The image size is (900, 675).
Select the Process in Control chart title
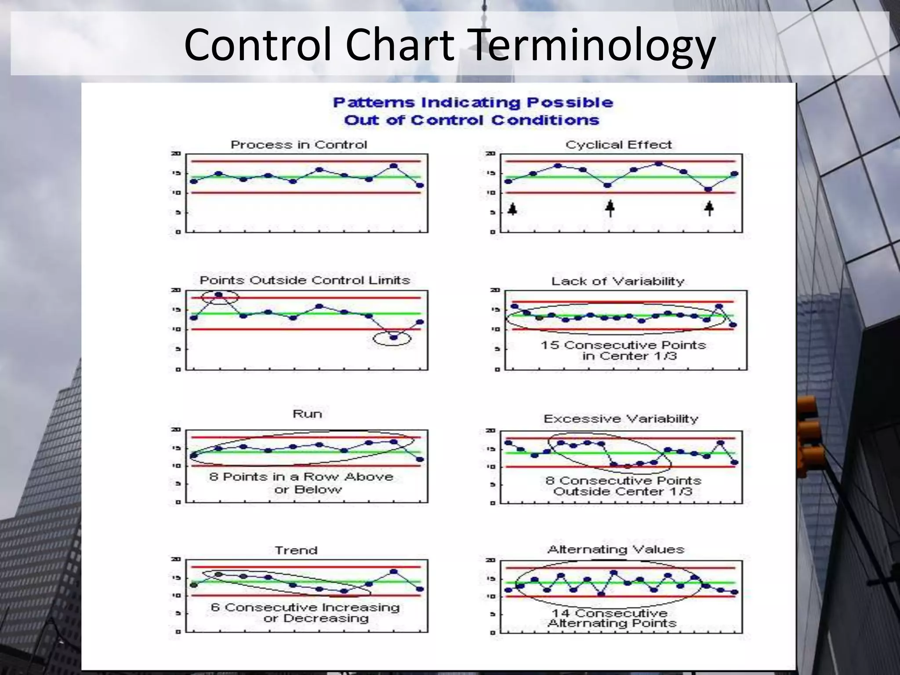click(x=299, y=145)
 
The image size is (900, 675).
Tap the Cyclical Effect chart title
click(x=618, y=145)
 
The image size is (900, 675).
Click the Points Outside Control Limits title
click(x=305, y=280)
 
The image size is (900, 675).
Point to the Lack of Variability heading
click(x=618, y=281)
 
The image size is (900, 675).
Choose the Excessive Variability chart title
click(x=621, y=418)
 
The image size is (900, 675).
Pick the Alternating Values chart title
click(x=616, y=549)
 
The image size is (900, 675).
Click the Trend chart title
click(x=296, y=550)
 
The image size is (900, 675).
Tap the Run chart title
click(x=307, y=414)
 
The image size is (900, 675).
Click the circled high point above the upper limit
click(x=219, y=295)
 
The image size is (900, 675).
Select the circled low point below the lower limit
click(x=393, y=337)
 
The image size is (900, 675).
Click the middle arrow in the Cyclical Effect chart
click(x=610, y=208)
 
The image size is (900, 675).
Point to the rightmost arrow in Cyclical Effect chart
click(x=709, y=208)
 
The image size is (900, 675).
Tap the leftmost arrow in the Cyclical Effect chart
click(x=512, y=208)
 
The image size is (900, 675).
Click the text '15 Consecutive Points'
click(x=623, y=345)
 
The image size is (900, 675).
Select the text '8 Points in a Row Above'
click(x=301, y=477)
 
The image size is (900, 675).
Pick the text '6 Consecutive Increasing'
click(x=305, y=607)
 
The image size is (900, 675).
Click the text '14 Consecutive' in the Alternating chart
click(x=610, y=613)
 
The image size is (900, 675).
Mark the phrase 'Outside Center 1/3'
click(x=622, y=491)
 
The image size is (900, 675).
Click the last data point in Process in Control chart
click(x=420, y=185)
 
